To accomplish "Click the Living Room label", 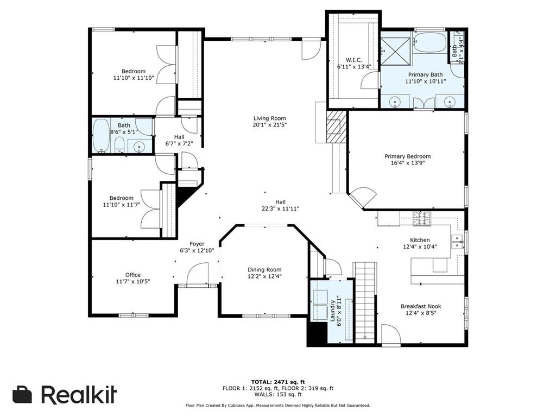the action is tap(269, 118).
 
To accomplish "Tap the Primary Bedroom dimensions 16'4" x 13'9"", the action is tap(407, 163).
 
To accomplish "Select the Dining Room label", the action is tap(264, 270).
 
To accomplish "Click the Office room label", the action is tap(133, 275).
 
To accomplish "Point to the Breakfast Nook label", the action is tap(421, 306).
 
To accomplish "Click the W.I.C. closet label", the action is tap(354, 60).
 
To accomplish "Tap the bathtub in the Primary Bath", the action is tap(430, 42).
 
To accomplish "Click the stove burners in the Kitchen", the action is tap(422, 218).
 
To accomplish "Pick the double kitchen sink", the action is tap(457, 242).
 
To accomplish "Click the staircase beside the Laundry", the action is tap(365, 302).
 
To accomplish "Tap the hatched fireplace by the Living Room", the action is tap(336, 127).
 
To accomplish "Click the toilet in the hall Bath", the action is tap(119, 144).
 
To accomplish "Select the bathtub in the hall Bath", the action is tap(101, 136).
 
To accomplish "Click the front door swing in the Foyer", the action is tap(198, 274).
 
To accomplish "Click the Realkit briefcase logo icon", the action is tap(22, 394).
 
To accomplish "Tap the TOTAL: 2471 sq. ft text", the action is tap(278, 382).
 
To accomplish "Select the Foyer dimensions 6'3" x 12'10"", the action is tap(197, 250).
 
